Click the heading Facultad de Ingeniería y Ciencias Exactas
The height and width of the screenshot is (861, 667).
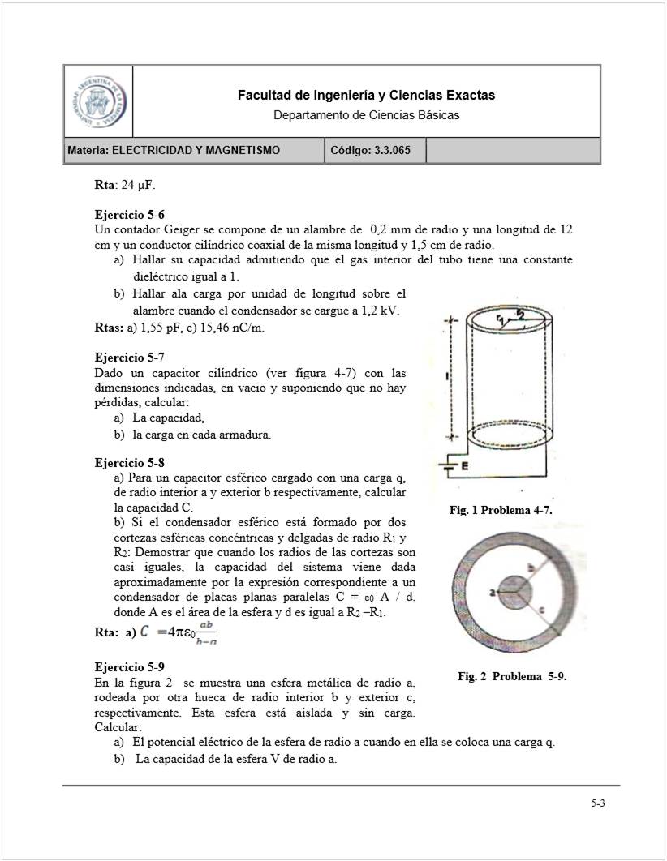366,96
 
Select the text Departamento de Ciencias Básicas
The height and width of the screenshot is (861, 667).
366,115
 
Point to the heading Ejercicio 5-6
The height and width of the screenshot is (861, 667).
130,216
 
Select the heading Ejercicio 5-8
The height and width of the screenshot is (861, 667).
130,463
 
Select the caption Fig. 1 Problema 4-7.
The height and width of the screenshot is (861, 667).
501,510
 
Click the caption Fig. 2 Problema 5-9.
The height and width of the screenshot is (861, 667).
512,676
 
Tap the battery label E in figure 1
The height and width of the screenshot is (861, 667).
464,466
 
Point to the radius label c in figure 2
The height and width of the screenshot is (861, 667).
540,610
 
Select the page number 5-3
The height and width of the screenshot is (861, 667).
598,804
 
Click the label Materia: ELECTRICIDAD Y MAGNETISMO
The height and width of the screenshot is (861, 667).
174,150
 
